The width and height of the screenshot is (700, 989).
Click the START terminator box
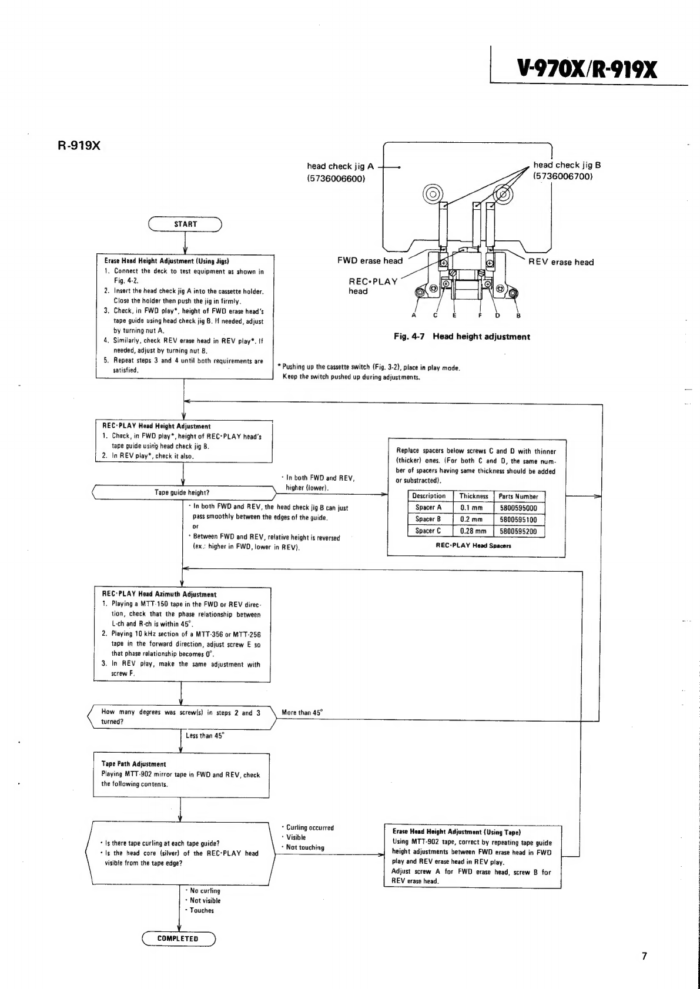click(185, 224)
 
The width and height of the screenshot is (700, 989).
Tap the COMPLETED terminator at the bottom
click(178, 938)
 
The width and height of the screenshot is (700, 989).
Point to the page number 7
click(644, 956)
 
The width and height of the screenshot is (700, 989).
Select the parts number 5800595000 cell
click(518, 508)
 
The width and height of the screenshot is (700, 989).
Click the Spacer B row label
click(428, 519)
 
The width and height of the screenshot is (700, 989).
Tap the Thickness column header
click(473, 496)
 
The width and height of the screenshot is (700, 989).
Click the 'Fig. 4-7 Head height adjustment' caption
click(461, 337)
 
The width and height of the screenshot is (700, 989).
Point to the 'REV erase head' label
click(561, 262)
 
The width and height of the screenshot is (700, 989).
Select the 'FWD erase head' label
click(370, 260)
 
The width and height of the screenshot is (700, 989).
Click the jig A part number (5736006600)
click(336, 178)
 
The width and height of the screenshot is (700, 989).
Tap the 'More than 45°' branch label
click(302, 712)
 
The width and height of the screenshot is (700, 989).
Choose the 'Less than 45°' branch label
click(205, 735)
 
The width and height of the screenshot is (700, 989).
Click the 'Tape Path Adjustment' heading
click(133, 764)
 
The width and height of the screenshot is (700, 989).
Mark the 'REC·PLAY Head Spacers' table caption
click(473, 545)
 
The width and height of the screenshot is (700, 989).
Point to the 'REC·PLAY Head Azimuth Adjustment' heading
click(159, 594)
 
